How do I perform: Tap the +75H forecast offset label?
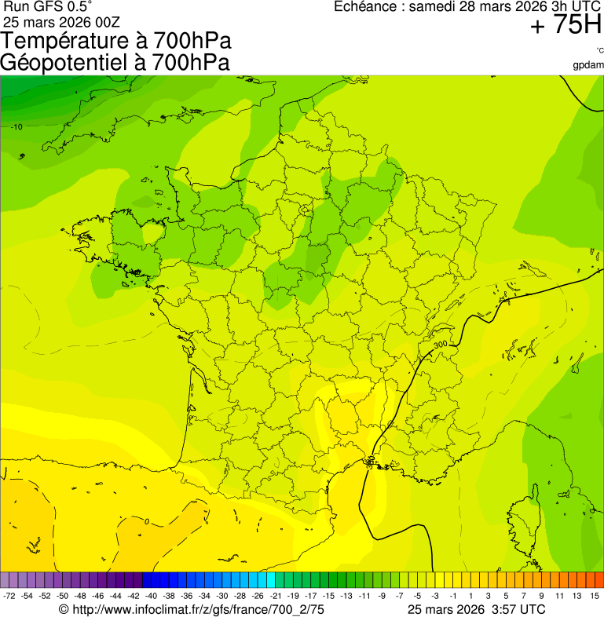point(566,26)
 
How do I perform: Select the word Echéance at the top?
point(365,7)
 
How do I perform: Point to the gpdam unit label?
point(588,64)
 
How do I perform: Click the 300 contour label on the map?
point(441,345)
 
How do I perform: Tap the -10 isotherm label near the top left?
point(16,126)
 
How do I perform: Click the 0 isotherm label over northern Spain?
point(147,521)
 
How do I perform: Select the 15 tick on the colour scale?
point(595,597)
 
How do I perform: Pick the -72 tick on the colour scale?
point(10,597)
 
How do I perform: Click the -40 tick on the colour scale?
point(151,597)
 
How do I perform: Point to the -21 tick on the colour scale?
point(275,597)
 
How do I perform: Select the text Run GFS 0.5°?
point(48,6)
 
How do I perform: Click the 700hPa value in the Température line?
point(192,42)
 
